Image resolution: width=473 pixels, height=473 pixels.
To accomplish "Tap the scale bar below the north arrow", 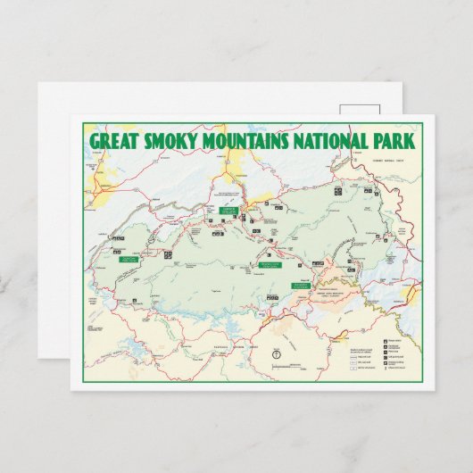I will (x=278, y=365).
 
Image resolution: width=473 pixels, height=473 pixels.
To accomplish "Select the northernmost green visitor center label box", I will (x=229, y=212).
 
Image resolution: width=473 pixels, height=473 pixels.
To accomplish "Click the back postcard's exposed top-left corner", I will (x=41, y=86).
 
